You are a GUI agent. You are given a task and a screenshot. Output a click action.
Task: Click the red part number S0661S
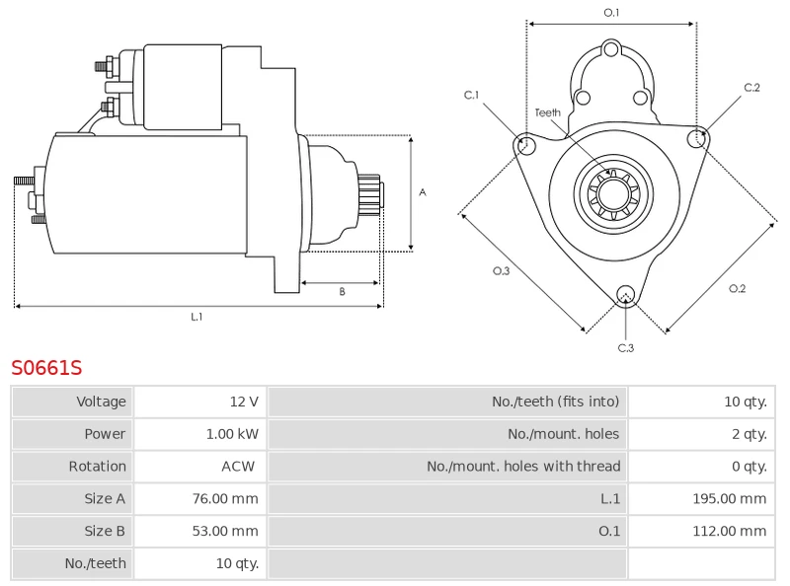[x=46, y=368]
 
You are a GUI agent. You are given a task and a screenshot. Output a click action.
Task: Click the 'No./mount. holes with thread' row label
[x=523, y=467]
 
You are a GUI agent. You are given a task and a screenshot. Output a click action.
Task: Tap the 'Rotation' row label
[x=97, y=467]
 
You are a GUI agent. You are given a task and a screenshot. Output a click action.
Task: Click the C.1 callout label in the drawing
[x=472, y=96]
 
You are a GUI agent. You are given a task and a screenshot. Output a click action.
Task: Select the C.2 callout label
[x=751, y=89]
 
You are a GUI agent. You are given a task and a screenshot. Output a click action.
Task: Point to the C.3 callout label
[x=625, y=347]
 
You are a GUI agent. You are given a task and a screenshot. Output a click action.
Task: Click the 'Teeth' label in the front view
[x=548, y=112]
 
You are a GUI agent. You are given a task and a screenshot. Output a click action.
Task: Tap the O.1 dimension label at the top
[x=611, y=13]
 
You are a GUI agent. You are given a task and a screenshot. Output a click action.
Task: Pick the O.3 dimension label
[x=501, y=271]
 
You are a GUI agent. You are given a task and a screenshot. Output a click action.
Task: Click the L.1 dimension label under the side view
[x=197, y=317]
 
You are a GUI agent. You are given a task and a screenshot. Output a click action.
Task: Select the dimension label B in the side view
[x=342, y=291]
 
